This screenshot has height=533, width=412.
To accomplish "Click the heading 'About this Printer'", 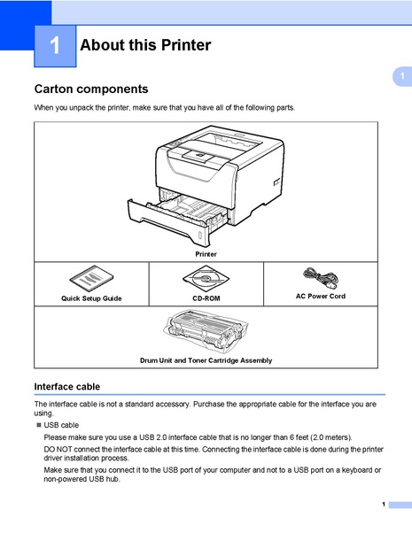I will click(x=145, y=45).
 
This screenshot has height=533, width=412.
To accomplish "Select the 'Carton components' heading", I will click(x=90, y=89).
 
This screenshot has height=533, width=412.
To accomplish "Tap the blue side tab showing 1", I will click(x=401, y=78).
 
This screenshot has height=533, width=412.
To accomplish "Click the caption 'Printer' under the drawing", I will click(x=206, y=254).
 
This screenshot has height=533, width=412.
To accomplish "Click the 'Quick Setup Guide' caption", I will click(x=91, y=299).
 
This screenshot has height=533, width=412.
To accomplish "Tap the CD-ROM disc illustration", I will click(x=206, y=280).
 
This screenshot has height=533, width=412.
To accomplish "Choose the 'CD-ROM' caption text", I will click(x=206, y=299).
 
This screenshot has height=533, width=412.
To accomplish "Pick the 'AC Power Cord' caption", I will click(x=320, y=297).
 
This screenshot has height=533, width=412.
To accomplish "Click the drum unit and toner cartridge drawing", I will click(x=206, y=334).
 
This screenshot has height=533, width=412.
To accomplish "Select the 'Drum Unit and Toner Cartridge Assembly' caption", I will click(x=206, y=360).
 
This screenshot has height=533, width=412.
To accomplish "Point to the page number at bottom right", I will click(x=384, y=504).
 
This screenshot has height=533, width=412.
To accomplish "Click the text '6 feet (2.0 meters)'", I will click(x=312, y=437).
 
